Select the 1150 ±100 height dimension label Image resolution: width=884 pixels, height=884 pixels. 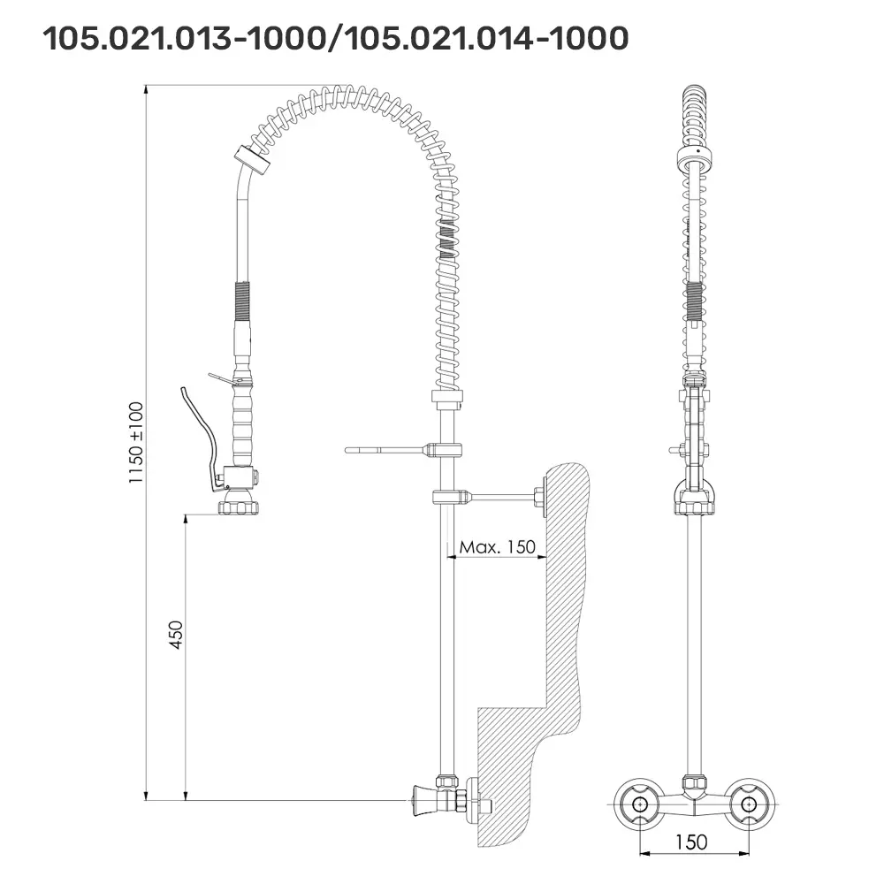click(136, 443)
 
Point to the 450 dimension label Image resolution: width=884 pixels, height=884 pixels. click(177, 635)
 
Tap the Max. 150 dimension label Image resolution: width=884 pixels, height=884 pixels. click(497, 547)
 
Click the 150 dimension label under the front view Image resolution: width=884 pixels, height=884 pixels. click(691, 842)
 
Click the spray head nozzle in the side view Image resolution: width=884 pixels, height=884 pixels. click(239, 502)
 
